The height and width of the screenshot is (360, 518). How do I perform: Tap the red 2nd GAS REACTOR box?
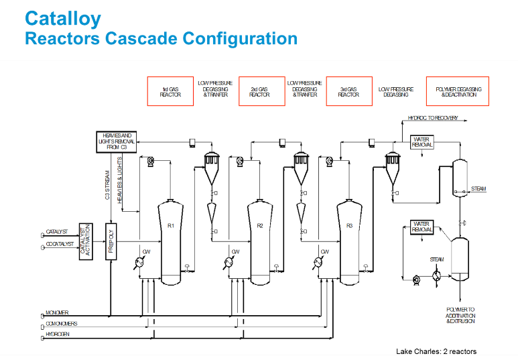coord(259,91)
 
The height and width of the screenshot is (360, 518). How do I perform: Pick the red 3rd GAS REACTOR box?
coord(348,91)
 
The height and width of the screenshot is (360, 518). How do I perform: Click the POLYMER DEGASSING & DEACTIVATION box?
coord(458,91)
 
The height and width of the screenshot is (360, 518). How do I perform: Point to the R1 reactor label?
coord(171,226)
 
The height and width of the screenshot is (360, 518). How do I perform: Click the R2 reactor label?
coord(260,226)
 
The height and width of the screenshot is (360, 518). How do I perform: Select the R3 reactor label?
coord(349,226)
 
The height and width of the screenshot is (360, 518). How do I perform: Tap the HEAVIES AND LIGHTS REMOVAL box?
coord(117,142)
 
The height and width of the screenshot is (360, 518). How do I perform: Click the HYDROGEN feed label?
coord(58,334)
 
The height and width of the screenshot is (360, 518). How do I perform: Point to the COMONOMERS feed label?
coord(62,324)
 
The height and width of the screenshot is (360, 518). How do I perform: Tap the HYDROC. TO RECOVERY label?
coord(433,118)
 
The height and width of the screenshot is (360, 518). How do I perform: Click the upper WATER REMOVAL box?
coord(422,142)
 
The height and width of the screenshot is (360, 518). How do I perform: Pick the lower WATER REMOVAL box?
coord(422,227)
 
